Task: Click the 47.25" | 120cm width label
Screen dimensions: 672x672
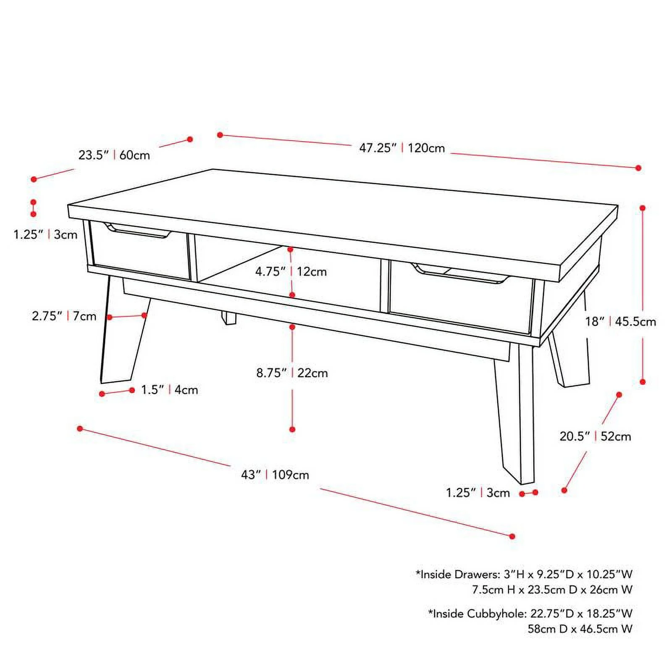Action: (x=402, y=148)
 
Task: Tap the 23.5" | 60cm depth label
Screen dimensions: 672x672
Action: (x=114, y=155)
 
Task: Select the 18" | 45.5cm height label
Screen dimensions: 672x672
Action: (x=620, y=322)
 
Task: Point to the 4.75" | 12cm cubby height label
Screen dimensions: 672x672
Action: (x=291, y=271)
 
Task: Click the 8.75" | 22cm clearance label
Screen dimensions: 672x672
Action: (x=292, y=373)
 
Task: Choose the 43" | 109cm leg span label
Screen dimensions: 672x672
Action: (x=275, y=475)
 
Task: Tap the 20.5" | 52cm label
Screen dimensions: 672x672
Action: (x=595, y=436)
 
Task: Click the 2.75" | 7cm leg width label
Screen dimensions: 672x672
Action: (x=64, y=316)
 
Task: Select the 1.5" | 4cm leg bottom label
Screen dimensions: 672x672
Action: (x=169, y=390)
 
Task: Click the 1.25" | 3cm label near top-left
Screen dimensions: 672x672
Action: (x=45, y=234)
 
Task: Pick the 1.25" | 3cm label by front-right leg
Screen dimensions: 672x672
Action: (x=478, y=493)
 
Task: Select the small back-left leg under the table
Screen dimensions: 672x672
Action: (x=229, y=318)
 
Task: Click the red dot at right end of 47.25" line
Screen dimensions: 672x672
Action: (x=638, y=168)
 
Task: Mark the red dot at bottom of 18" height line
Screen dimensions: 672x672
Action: (x=642, y=382)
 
